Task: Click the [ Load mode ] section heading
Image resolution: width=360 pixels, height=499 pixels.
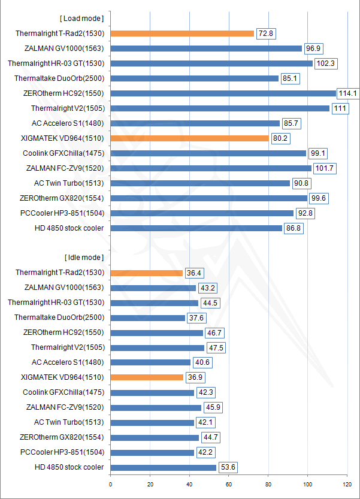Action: coord(84,18)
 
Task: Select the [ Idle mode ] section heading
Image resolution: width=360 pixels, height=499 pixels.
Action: coord(84,258)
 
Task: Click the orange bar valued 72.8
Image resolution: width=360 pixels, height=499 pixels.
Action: coord(182,33)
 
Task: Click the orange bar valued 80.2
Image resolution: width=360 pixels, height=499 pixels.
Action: coord(189,138)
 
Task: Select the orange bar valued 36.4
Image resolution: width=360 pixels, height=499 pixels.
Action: coord(146,273)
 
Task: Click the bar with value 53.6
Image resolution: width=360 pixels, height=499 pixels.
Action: coord(163,467)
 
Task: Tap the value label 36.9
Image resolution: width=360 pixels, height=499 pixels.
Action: coord(193,377)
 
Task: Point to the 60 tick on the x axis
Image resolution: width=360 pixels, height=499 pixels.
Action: coord(229,485)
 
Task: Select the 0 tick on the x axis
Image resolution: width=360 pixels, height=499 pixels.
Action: coord(111,485)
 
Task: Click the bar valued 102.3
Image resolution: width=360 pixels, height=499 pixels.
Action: coord(211,63)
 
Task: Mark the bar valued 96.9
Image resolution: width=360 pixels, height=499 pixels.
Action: coord(206,48)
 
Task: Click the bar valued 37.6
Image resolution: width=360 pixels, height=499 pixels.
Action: coord(147,317)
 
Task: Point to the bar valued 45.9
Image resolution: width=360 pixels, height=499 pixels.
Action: coord(156,407)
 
